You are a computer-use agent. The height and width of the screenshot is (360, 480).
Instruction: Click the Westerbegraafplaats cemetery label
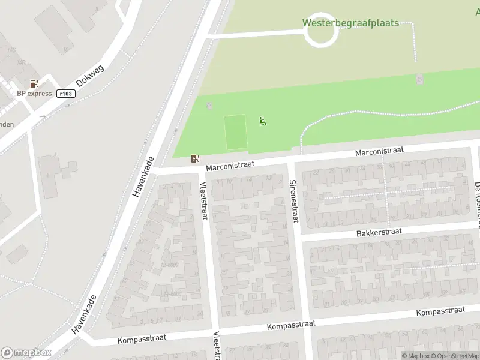350,23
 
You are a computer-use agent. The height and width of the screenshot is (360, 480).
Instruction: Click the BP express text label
34,94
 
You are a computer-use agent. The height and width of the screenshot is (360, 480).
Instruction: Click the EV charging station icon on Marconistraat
194,158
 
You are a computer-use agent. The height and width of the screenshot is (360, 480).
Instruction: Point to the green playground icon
262,122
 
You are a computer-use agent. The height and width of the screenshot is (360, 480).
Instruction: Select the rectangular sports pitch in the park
235,133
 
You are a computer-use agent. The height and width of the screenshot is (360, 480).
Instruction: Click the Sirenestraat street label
293,201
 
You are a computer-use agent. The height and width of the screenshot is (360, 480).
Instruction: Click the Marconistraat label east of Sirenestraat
379,152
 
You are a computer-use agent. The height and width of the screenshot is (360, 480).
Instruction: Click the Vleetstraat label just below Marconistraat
203,200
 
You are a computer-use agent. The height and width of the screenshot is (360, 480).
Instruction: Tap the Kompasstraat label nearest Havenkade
142,339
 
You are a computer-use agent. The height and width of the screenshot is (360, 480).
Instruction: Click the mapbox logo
26,353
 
